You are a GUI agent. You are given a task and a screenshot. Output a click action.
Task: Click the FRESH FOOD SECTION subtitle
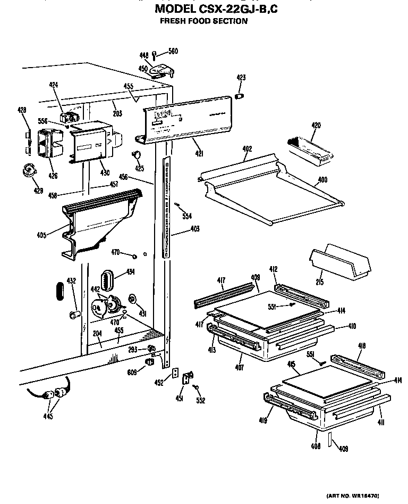click(203, 21)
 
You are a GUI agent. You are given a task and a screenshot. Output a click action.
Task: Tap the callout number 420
click(316, 126)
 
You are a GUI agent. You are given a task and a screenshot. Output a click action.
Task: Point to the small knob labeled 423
click(240, 96)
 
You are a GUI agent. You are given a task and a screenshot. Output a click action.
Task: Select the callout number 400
click(322, 180)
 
